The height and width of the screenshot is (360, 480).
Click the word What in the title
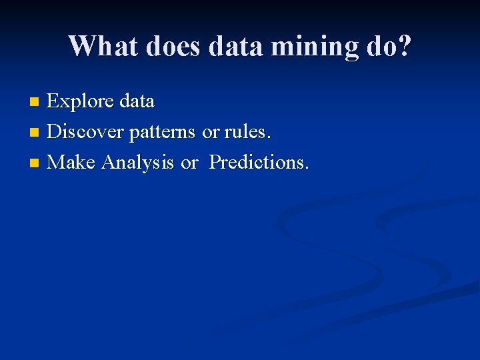pyautogui.click(x=101, y=46)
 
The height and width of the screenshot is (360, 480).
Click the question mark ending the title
pyautogui.click(x=405, y=46)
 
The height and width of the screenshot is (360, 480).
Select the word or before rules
pyautogui.click(x=211, y=133)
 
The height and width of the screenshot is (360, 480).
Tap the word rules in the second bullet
pyautogui.click(x=247, y=132)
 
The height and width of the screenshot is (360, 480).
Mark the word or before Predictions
pyautogui.click(x=189, y=163)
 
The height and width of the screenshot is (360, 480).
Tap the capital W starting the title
pyautogui.click(x=81, y=46)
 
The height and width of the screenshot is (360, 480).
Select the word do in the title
pyautogui.click(x=382, y=46)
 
